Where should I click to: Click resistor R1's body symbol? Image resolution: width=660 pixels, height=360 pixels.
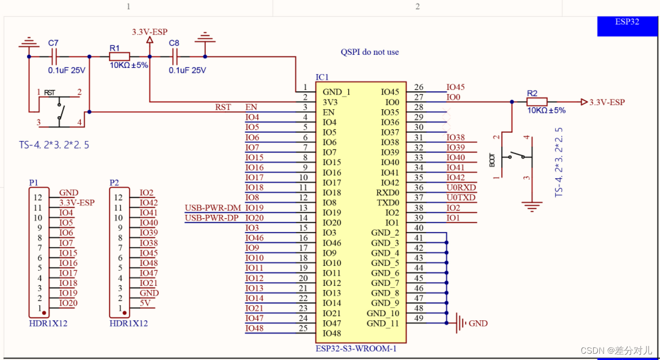pos(120,56)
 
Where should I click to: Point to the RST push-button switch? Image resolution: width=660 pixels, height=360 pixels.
pos(59,109)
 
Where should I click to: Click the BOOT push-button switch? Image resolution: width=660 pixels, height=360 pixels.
pos(514,156)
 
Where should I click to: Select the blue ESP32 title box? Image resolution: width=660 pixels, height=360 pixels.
pos(627,25)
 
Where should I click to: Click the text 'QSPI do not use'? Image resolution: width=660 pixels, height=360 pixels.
pos(370,52)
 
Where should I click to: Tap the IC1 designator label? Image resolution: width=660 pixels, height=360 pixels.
pos(322,77)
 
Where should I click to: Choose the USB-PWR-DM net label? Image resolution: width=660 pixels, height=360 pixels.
pos(213,208)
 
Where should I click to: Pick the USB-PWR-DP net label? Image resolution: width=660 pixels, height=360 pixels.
pos(213,218)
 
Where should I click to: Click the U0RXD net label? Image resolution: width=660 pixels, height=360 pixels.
pos(461,188)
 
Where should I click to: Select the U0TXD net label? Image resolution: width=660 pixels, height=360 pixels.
pos(461,198)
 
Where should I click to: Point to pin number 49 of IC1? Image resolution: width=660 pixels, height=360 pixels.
pos(419,318)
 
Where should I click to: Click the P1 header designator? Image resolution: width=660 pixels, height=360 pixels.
pos(34,182)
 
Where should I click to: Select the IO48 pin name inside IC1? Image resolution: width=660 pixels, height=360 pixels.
pos(332,333)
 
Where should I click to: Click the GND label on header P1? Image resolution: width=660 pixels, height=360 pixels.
pos(68,193)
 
